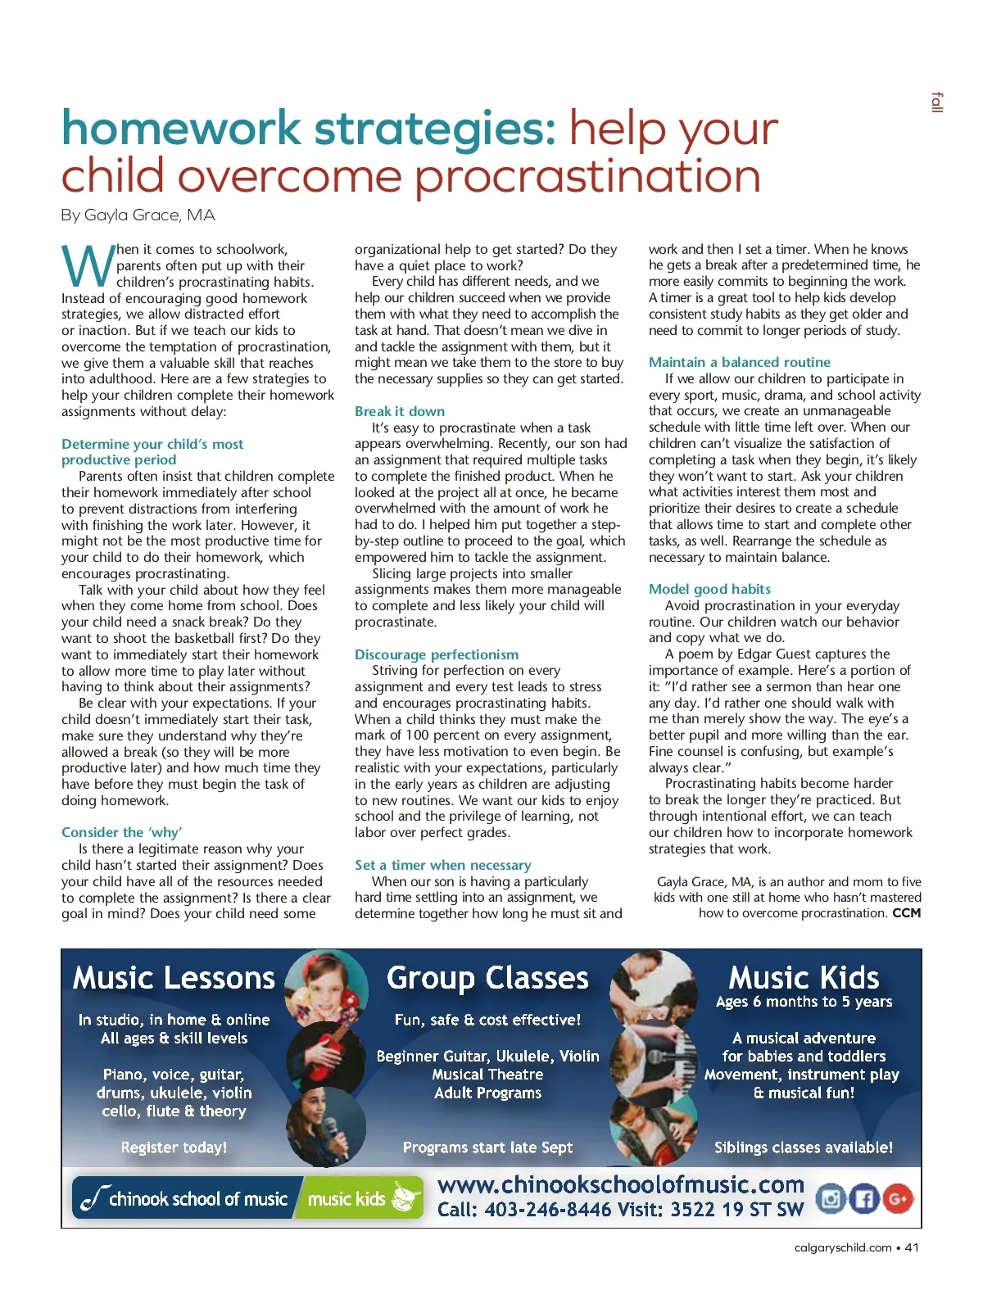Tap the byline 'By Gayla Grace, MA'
(138, 215)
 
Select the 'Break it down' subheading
(400, 411)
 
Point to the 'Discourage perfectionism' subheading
(437, 654)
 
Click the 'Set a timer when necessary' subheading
(442, 865)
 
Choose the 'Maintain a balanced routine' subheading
(739, 362)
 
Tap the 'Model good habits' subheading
(709, 589)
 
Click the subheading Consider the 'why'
(121, 832)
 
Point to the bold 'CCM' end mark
(906, 913)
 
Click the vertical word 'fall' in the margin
(937, 103)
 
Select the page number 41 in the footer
(912, 1247)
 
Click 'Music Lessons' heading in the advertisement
(174, 978)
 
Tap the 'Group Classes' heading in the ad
(487, 978)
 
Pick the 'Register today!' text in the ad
(174, 1147)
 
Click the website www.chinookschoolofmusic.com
(620, 1184)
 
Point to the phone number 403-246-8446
(547, 1210)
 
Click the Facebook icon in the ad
(863, 1199)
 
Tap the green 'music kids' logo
(360, 1199)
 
